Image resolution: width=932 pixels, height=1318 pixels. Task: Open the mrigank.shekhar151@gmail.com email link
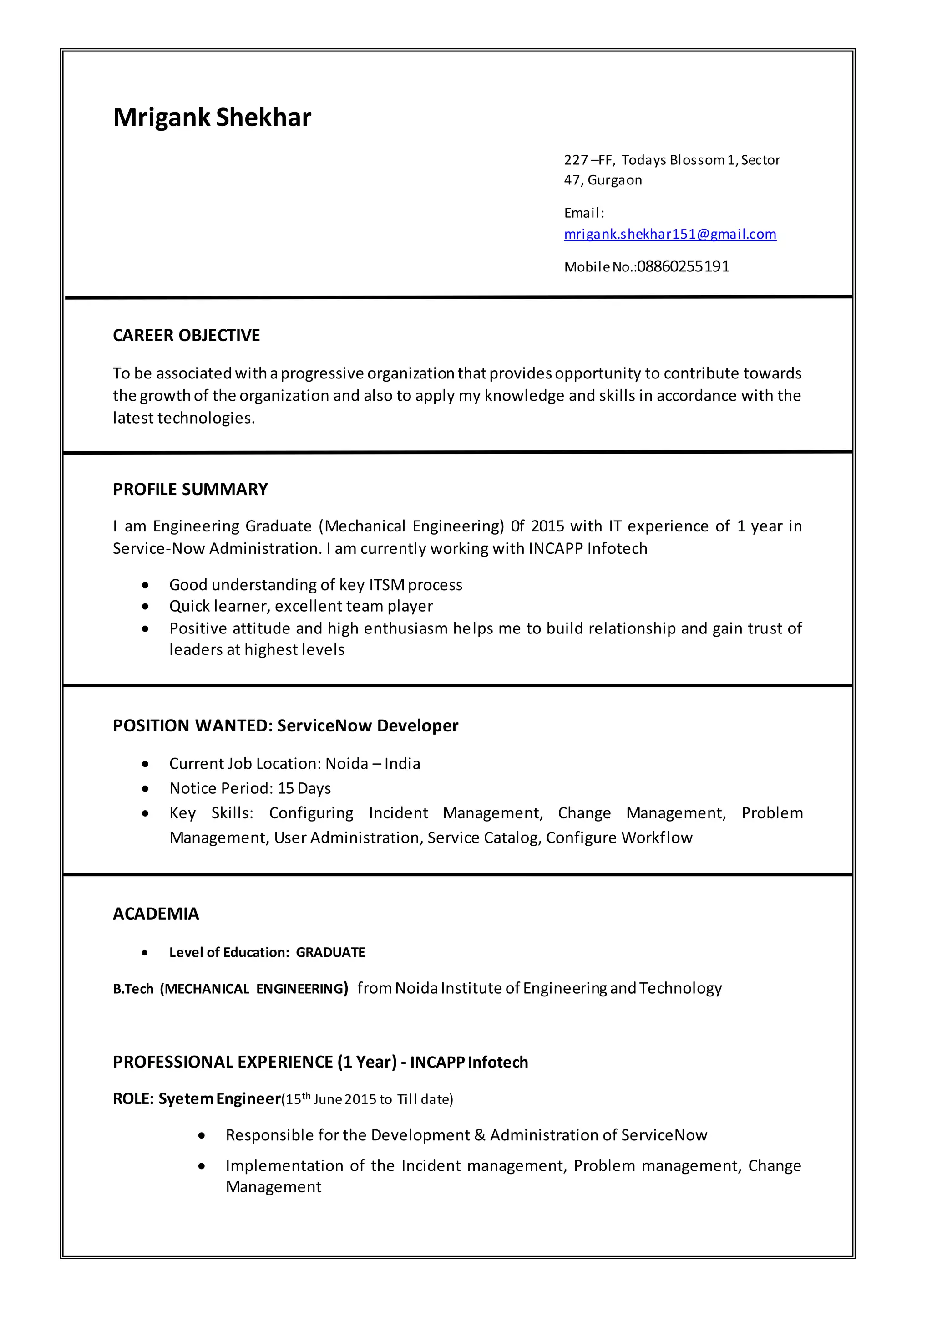click(x=670, y=234)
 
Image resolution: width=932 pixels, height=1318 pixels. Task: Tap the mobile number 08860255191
click(x=683, y=266)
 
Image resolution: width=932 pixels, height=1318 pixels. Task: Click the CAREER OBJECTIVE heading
click(x=186, y=335)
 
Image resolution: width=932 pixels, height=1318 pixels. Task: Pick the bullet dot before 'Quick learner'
click(x=145, y=607)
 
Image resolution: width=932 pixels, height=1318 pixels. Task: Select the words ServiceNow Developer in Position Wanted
click(x=367, y=726)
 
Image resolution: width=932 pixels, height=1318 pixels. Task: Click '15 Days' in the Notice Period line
click(x=304, y=788)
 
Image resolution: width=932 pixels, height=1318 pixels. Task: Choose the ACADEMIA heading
click(x=156, y=914)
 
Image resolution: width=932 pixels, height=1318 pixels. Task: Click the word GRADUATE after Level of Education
click(x=330, y=953)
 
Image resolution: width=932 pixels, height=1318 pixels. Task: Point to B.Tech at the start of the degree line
click(x=133, y=989)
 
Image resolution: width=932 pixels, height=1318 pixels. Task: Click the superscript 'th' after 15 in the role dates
click(x=306, y=1096)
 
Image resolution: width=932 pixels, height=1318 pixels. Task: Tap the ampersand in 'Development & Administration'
click(x=480, y=1135)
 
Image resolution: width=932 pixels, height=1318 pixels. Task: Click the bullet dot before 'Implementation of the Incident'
click(x=202, y=1166)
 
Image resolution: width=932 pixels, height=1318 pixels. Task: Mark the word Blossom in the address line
click(x=697, y=160)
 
